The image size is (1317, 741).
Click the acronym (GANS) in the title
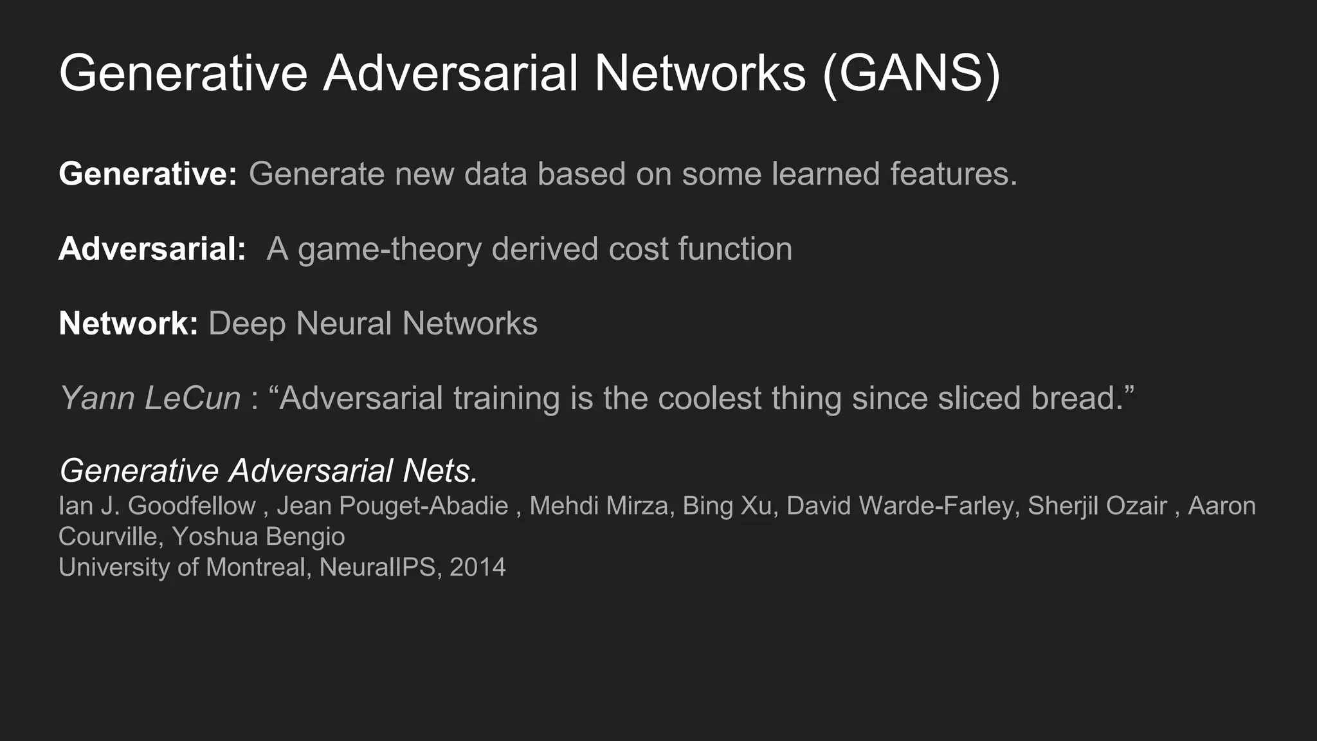click(x=911, y=74)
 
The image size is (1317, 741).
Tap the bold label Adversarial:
click(x=152, y=249)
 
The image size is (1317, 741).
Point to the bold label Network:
click(x=129, y=324)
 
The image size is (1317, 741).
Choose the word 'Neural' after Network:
click(x=343, y=324)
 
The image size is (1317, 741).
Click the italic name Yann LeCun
click(x=150, y=398)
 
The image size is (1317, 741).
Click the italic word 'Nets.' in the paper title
click(x=441, y=471)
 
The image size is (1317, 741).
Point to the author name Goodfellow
click(x=192, y=506)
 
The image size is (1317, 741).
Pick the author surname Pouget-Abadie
click(x=424, y=506)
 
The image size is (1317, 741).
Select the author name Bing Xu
click(x=727, y=506)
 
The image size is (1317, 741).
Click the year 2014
click(x=478, y=567)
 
